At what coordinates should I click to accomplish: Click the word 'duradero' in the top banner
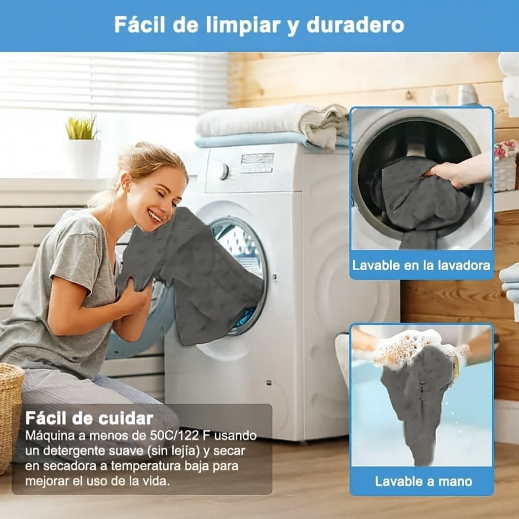pyautogui.click(x=355, y=25)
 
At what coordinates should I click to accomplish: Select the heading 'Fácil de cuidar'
pyautogui.click(x=89, y=418)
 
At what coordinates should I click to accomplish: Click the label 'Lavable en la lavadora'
pyautogui.click(x=421, y=265)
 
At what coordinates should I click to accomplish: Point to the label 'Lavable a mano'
pyautogui.click(x=423, y=481)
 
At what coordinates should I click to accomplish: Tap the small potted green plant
pyautogui.click(x=82, y=128)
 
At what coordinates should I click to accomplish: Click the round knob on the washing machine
pyautogui.click(x=224, y=171)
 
